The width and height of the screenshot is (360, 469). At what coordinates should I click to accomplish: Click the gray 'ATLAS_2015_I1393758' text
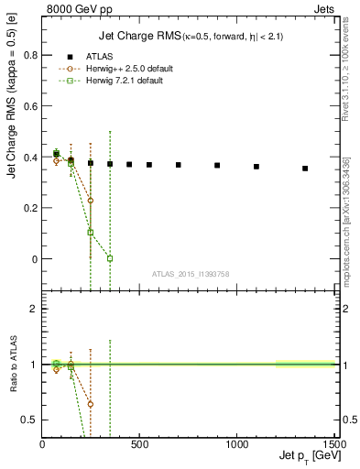[190, 273]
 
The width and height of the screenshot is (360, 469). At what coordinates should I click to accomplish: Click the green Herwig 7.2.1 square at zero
[110, 258]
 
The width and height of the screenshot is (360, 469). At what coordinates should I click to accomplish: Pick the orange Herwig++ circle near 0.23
[91, 200]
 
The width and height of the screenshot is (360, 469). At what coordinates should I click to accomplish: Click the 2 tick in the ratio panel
[34, 309]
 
